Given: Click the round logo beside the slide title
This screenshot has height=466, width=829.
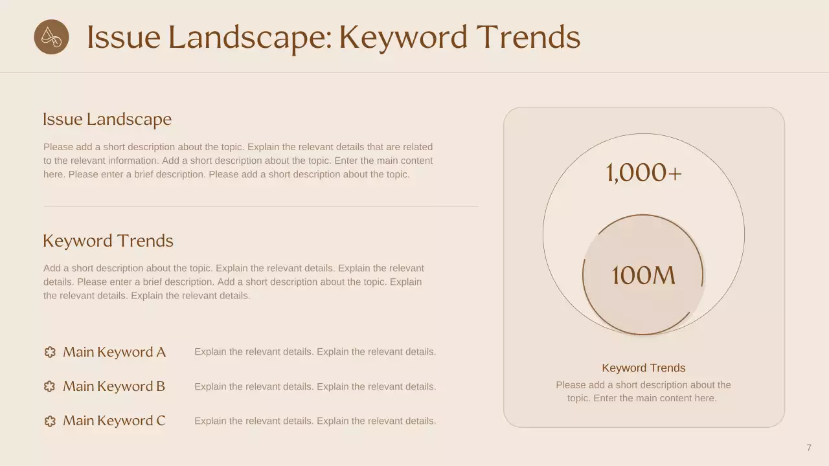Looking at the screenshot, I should click(51, 37).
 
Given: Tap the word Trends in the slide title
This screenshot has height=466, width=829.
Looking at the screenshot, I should click(528, 37).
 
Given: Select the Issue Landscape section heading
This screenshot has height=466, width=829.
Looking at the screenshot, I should click(107, 120).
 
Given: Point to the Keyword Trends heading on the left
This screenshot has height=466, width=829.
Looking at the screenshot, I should click(108, 241).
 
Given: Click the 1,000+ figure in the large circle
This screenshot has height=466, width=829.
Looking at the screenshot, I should click(644, 173).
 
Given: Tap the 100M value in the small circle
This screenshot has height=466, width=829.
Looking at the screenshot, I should click(643, 276).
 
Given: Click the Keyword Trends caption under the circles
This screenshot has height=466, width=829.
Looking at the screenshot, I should click(643, 368).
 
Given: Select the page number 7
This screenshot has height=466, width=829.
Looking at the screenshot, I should click(809, 448).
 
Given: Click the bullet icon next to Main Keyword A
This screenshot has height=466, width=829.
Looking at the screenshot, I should click(50, 352).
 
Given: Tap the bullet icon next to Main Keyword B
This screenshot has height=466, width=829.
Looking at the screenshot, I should click(50, 386).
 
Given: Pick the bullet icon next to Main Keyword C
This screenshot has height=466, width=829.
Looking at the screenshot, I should click(50, 421).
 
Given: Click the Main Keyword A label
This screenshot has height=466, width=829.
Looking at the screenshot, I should click(114, 352).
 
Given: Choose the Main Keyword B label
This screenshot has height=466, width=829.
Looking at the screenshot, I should click(114, 386).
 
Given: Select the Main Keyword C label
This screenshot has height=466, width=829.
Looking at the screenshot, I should click(114, 421).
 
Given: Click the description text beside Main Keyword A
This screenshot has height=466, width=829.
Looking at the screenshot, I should click(315, 352).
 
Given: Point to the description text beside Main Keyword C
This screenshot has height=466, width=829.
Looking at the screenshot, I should click(315, 421).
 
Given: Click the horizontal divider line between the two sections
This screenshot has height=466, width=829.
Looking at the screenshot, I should click(261, 206).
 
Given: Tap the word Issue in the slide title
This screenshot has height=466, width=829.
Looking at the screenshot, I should click(123, 37).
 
